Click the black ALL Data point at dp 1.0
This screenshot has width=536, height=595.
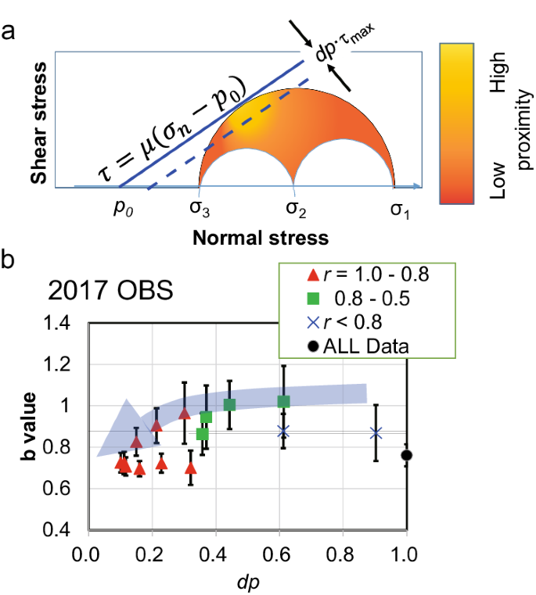406,455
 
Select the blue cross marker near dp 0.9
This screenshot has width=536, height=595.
376,432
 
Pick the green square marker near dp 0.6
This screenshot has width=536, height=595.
283,401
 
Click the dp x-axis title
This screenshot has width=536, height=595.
246,582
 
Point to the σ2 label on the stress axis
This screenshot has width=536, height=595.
294,210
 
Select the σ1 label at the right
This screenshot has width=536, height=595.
401,210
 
